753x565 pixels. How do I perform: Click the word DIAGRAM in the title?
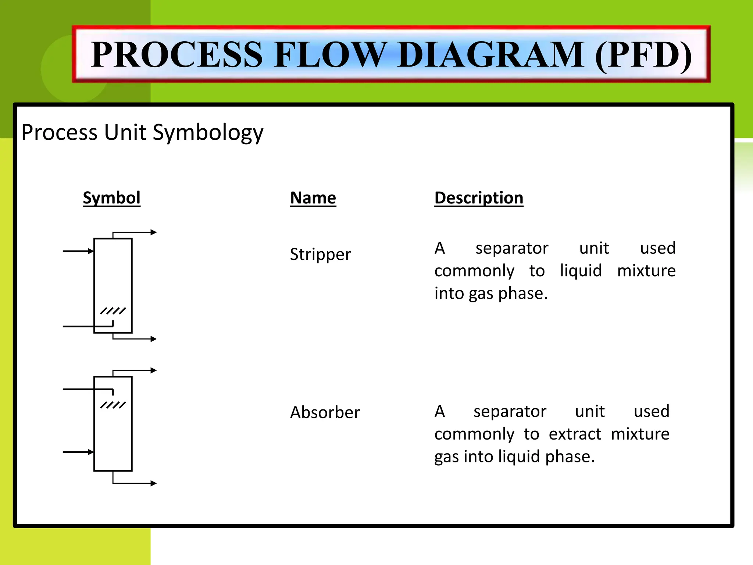click(x=491, y=55)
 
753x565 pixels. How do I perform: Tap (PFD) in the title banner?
click(x=643, y=55)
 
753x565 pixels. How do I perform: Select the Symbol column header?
click(x=111, y=198)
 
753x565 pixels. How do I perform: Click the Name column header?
click(x=313, y=198)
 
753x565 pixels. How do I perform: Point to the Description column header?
click(x=479, y=198)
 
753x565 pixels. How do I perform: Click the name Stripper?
click(x=320, y=255)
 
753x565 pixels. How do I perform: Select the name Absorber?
click(x=325, y=412)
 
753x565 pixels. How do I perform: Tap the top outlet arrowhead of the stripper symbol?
click(x=154, y=232)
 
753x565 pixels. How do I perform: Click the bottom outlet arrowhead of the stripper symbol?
click(x=154, y=339)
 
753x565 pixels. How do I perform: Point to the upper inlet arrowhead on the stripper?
click(x=91, y=251)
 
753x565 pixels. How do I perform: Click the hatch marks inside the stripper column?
click(x=113, y=311)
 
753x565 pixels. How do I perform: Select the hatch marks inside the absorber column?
click(x=113, y=405)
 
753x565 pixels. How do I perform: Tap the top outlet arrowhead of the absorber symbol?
click(x=154, y=370)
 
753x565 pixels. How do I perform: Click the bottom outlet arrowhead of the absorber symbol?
click(x=154, y=483)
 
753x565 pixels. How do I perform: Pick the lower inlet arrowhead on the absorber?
click(x=91, y=452)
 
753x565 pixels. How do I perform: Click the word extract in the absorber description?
click(x=575, y=434)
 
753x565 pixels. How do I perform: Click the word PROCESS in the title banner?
click(x=176, y=55)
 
